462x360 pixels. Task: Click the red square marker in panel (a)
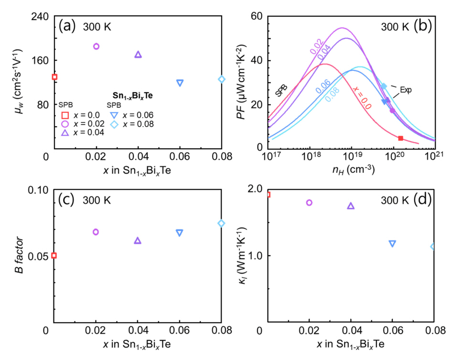click(54, 77)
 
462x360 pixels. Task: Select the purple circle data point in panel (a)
click(96, 46)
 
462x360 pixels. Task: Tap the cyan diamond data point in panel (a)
click(222, 79)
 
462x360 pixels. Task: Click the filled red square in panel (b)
click(400, 138)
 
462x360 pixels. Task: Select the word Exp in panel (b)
click(406, 89)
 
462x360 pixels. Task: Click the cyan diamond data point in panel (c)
click(221, 223)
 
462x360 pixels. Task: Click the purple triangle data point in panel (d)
click(351, 206)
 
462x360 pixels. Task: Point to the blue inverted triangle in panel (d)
click(392, 243)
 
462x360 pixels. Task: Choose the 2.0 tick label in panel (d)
click(256, 190)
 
